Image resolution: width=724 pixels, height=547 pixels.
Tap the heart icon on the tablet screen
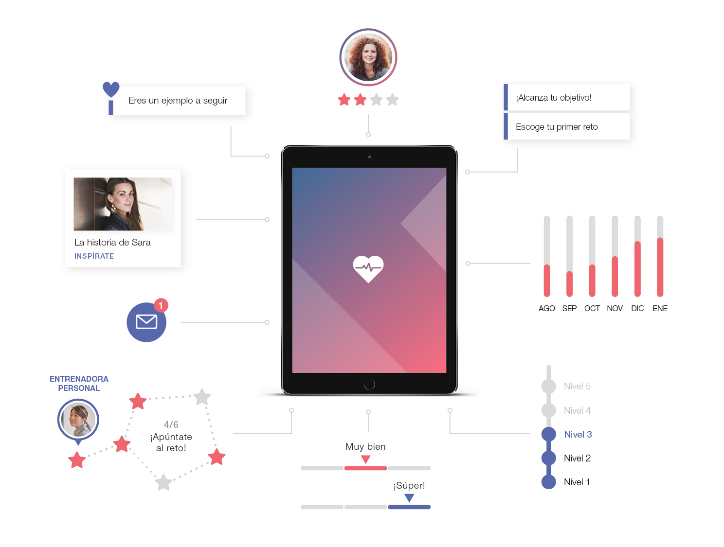pos(368,269)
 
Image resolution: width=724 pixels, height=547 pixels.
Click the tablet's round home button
pos(369,384)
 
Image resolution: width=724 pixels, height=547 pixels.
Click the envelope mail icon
pos(146,322)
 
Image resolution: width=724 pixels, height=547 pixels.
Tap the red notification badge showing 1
pos(161,305)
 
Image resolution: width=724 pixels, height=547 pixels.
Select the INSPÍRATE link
pos(94,256)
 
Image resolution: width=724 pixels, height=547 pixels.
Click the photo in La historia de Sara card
pos(123,204)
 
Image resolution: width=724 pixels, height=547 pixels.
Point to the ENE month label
pos(660,308)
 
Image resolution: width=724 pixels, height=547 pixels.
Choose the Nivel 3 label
pos(578,434)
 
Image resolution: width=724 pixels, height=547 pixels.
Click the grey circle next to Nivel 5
pos(548,386)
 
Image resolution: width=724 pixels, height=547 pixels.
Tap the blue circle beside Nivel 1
pos(548,482)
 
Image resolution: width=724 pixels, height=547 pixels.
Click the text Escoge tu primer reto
pos(557,127)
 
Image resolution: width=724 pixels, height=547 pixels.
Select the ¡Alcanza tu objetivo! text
pos(554,98)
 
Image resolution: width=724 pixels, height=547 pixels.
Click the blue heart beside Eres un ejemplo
pos(111,89)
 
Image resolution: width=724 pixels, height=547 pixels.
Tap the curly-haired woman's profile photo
pos(368,57)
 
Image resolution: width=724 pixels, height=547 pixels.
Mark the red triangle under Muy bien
pos(365,459)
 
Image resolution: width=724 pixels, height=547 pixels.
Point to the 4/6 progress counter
pos(171,424)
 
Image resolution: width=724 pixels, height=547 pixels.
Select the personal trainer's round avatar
pos(78,420)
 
